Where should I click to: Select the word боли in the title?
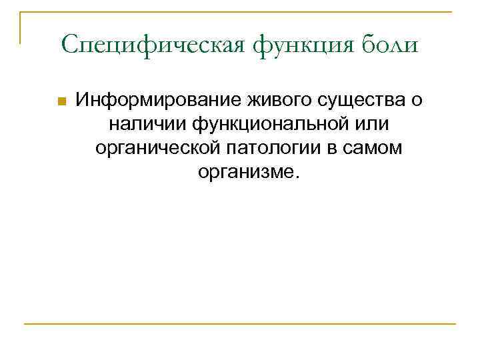[x=393, y=45]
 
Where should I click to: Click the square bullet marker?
[x=61, y=102]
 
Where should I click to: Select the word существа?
[x=354, y=101]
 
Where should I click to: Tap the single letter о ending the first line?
[x=417, y=101]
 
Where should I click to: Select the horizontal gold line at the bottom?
[x=240, y=325]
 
